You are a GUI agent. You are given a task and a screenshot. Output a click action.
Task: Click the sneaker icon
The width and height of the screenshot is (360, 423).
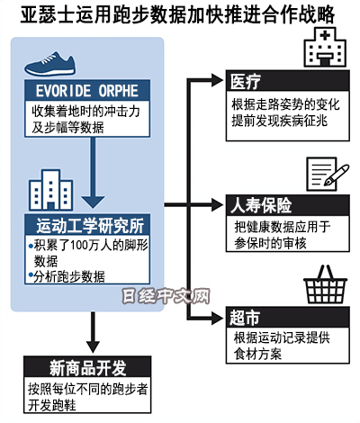pyautogui.click(x=49, y=64)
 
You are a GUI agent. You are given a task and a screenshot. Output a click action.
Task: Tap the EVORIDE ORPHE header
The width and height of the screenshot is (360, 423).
pyautogui.click(x=87, y=90)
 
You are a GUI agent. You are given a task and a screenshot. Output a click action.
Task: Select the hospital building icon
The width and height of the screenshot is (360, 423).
pyautogui.click(x=325, y=47)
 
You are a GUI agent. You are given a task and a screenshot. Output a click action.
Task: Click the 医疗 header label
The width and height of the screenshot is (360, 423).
pyautogui.click(x=246, y=81)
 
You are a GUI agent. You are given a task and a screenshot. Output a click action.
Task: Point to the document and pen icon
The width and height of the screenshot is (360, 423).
pyautogui.click(x=327, y=174)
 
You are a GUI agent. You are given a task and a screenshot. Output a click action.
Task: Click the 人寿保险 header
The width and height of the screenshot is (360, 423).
pyautogui.click(x=261, y=205)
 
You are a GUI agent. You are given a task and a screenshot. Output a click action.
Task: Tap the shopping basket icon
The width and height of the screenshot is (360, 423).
pyautogui.click(x=325, y=284)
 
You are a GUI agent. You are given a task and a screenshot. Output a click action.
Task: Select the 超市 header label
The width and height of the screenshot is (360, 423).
pyautogui.click(x=245, y=318)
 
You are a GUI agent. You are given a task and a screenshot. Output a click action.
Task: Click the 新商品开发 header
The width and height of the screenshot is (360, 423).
pyautogui.click(x=87, y=368)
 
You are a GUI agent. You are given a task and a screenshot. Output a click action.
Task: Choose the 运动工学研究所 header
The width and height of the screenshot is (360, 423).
pyautogui.click(x=90, y=225)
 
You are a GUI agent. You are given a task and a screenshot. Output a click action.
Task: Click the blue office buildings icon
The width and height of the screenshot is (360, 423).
pyautogui.click(x=50, y=190)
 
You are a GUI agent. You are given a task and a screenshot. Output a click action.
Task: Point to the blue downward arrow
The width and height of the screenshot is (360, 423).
pyautogui.click(x=93, y=173)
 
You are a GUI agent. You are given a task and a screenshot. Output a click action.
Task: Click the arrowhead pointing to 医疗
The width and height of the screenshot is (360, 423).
pyautogui.click(x=217, y=80)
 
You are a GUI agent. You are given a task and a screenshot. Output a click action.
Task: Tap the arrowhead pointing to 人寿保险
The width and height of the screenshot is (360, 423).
pyautogui.click(x=217, y=205)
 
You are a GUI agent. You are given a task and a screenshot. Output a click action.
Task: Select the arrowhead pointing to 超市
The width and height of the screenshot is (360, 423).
pyautogui.click(x=217, y=318)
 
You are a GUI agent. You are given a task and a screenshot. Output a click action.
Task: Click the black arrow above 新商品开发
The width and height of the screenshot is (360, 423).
pyautogui.click(x=93, y=332)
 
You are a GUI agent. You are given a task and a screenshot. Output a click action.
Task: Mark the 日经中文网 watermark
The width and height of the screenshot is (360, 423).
pyautogui.click(x=166, y=296)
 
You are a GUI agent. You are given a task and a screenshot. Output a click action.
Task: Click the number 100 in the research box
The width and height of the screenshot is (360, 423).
pyautogui.click(x=78, y=246)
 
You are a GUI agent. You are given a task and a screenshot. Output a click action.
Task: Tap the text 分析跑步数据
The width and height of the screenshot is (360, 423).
pyautogui.click(x=69, y=276)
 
